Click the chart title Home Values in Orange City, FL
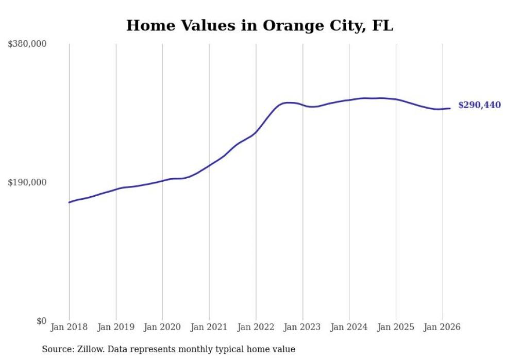pyautogui.click(x=259, y=26)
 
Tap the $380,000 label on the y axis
pyautogui.click(x=27, y=44)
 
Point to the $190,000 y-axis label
pyautogui.click(x=27, y=182)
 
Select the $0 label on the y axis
pyautogui.click(x=41, y=321)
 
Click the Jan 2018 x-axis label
pyautogui.click(x=69, y=327)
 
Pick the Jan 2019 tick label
pyautogui.click(x=116, y=327)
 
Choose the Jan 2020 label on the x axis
pyautogui.click(x=162, y=327)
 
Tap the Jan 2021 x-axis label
pyautogui.click(x=209, y=327)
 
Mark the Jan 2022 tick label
pyautogui.click(x=256, y=327)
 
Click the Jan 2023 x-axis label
pyautogui.click(x=302, y=327)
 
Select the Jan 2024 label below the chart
pyautogui.click(x=349, y=327)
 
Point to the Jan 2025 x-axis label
pyautogui.click(x=396, y=327)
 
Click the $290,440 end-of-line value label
pyautogui.click(x=479, y=106)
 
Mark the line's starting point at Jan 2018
pyautogui.click(x=69, y=202)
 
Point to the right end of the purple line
pyautogui.click(x=450, y=108)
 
